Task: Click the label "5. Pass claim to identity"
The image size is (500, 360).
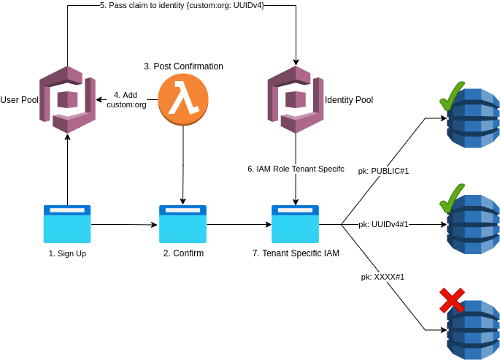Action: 182,5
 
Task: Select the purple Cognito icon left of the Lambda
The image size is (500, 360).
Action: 67,99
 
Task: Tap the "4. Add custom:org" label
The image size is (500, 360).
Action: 126,100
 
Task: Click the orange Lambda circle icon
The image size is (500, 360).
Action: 183,99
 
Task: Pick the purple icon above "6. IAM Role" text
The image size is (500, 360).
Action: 295,99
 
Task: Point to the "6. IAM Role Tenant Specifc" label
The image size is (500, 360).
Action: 296,169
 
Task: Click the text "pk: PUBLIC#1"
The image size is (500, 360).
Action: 383,171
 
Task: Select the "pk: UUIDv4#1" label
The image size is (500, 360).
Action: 383,224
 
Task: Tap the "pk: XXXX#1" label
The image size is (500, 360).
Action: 382,277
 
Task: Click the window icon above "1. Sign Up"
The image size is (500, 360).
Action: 67,223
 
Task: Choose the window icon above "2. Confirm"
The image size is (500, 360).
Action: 182,223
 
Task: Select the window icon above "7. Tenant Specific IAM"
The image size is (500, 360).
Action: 295,223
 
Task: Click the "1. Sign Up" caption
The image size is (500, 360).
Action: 67,253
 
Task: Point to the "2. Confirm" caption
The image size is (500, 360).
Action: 183,253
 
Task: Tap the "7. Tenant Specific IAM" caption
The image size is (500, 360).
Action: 296,253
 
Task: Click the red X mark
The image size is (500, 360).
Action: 452,300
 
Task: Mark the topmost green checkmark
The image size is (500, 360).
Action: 451,96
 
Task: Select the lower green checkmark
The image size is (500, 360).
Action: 451,199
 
